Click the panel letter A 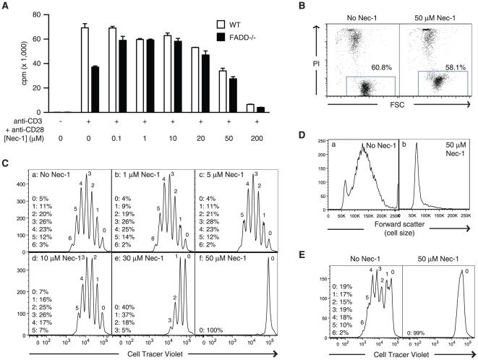click(x=5, y=6)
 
